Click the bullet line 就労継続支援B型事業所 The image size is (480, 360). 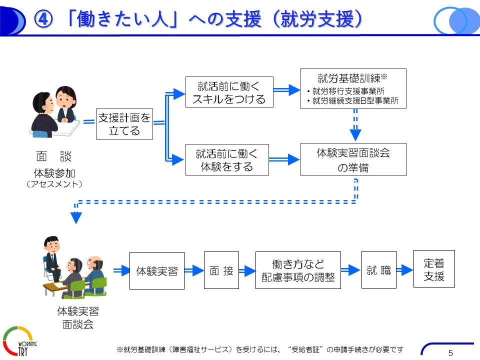point(352,100)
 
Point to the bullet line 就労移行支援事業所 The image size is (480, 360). point(345,91)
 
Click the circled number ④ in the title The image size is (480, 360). point(43,19)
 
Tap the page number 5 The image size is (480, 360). point(450,353)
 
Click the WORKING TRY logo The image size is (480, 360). point(19,341)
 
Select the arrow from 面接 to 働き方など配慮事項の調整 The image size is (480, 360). point(247,270)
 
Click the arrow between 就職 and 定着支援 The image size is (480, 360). point(404,269)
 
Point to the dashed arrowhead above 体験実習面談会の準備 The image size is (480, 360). point(355,134)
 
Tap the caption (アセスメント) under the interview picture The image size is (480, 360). point(54,184)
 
